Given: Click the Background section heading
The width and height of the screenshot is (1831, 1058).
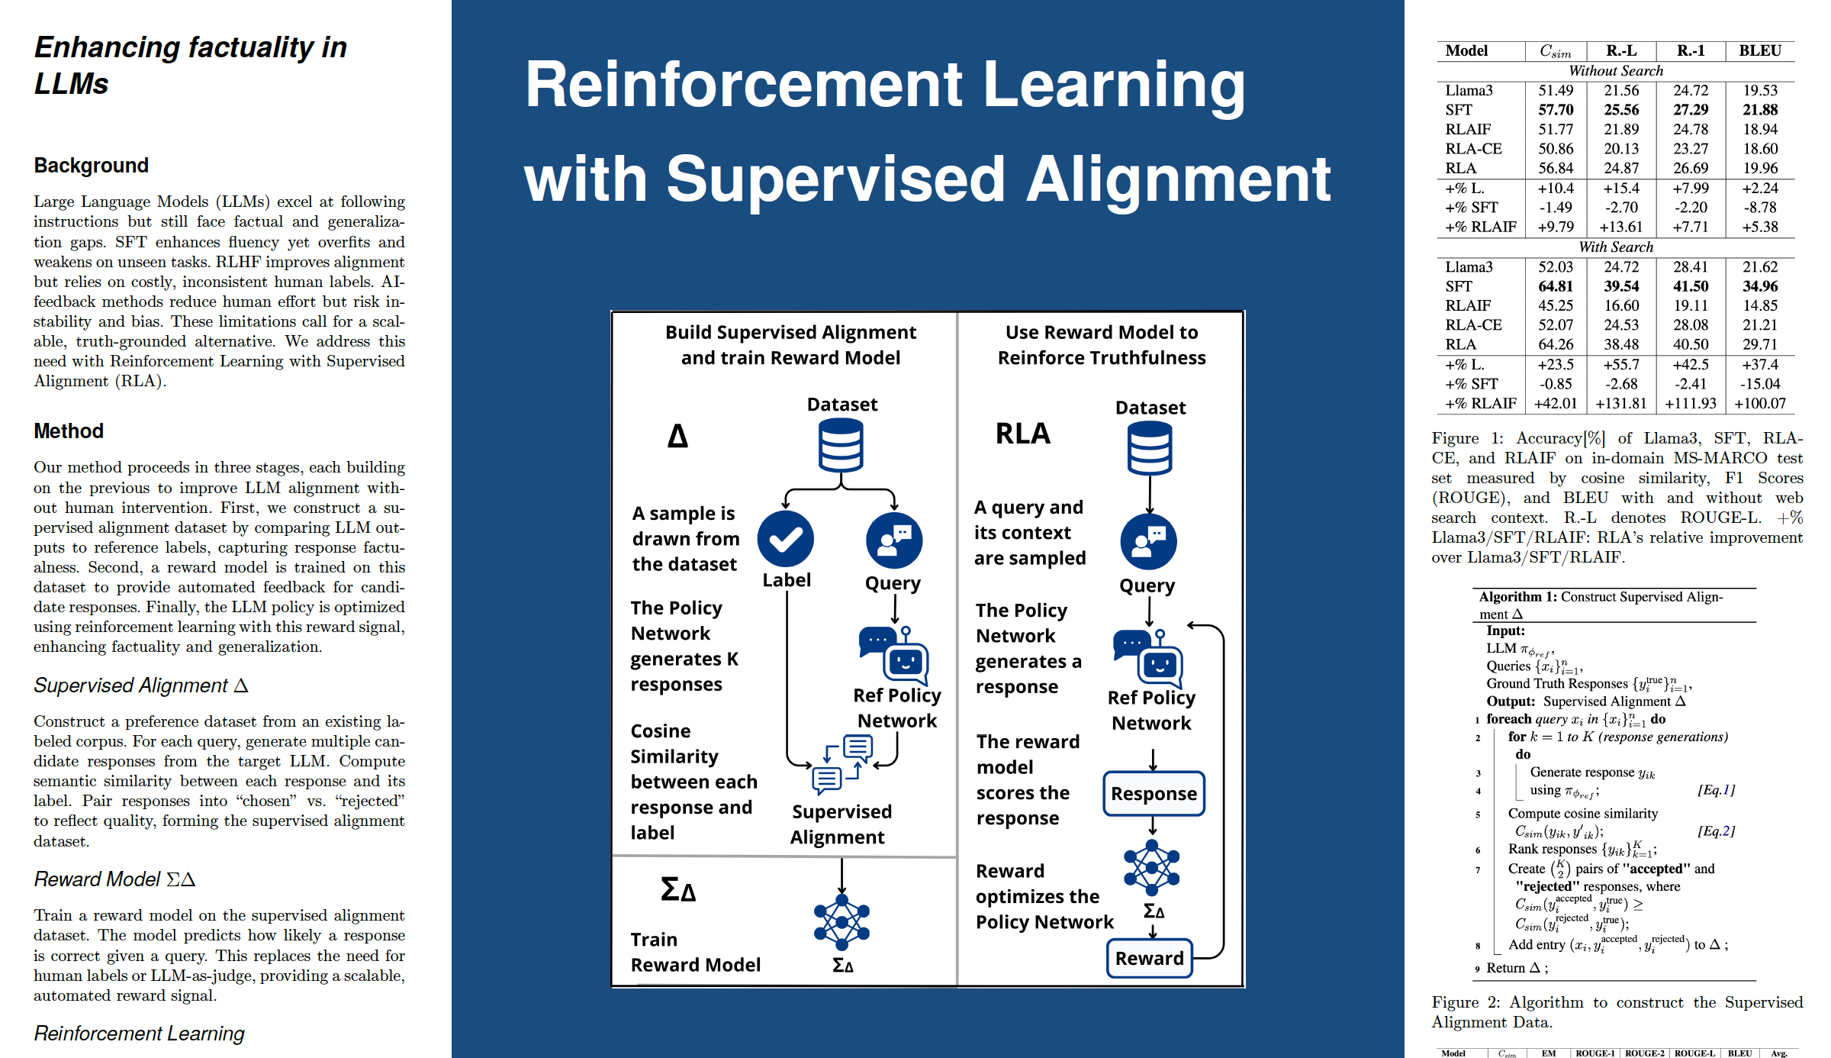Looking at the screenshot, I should (x=92, y=166).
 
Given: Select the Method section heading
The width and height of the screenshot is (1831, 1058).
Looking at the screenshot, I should (x=69, y=431).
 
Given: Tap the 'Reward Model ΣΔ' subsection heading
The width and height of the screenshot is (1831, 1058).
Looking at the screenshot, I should (x=114, y=879).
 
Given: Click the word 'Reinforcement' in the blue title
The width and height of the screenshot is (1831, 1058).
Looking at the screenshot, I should (x=743, y=85).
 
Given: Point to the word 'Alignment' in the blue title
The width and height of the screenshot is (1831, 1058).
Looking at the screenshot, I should (x=1178, y=180).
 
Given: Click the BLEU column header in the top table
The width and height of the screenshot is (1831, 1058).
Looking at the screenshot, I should (x=1759, y=51).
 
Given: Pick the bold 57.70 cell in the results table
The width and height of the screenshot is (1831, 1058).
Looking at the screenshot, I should (x=1556, y=110).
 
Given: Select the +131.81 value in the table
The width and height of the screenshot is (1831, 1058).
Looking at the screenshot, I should (x=1620, y=404).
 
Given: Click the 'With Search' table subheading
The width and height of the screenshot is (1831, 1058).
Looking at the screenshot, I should (x=1616, y=247).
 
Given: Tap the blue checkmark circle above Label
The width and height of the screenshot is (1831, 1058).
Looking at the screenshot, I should (x=785, y=539).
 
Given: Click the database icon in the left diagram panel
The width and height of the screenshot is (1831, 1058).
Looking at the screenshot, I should (x=841, y=447).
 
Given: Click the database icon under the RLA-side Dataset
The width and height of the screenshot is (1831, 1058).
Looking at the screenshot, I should (x=1150, y=449).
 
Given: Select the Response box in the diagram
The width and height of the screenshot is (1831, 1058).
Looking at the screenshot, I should (x=1154, y=794).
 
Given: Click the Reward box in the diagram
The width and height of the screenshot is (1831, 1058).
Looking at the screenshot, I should (x=1149, y=958).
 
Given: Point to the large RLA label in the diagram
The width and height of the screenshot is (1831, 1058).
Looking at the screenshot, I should (x=1023, y=434).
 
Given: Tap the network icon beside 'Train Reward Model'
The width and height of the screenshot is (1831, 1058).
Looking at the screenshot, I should (x=841, y=922).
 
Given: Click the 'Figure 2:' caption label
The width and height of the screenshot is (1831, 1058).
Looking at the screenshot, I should (x=1466, y=1002).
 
